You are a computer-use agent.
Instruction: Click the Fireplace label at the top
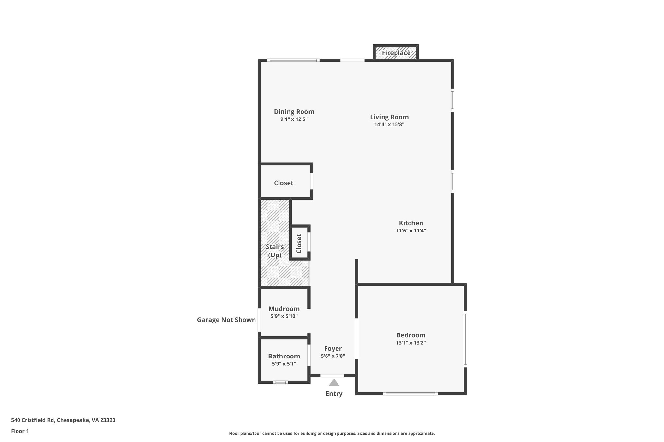[x=396, y=53]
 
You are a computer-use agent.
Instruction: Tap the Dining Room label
[x=294, y=112]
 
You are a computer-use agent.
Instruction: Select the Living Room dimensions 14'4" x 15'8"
[x=389, y=124]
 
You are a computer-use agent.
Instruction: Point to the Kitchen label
[x=411, y=223]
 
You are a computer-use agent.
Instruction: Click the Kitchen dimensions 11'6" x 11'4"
[x=411, y=231]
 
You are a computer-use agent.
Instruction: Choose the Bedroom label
[x=410, y=335]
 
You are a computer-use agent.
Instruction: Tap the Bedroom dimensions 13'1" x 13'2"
[x=410, y=343]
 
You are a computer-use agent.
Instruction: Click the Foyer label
[x=333, y=349]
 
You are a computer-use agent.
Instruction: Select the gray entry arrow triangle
[x=334, y=383]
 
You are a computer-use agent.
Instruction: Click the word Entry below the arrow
[x=334, y=394]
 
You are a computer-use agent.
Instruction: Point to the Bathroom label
[x=284, y=356]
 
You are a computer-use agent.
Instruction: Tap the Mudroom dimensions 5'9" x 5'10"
[x=284, y=316]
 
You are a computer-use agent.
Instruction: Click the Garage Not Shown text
[x=226, y=320]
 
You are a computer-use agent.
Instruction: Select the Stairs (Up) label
[x=275, y=251]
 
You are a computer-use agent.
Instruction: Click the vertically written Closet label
[x=299, y=244]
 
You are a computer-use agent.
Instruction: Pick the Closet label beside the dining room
[x=283, y=183]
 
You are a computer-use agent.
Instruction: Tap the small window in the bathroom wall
[x=280, y=382]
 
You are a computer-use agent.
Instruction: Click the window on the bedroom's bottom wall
[x=410, y=394]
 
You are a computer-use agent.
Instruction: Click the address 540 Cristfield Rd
[x=63, y=420]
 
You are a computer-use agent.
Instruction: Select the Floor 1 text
[x=20, y=431]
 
